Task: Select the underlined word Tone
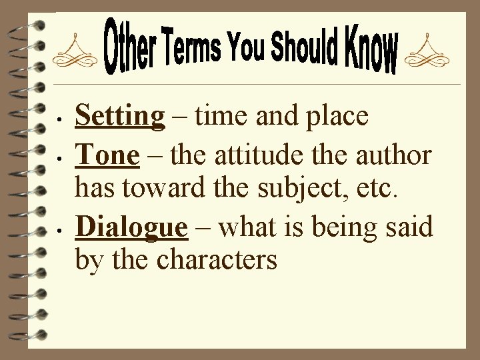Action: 107,155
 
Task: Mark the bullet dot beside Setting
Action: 60,123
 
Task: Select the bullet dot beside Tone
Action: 60,160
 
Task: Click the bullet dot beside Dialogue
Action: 60,233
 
